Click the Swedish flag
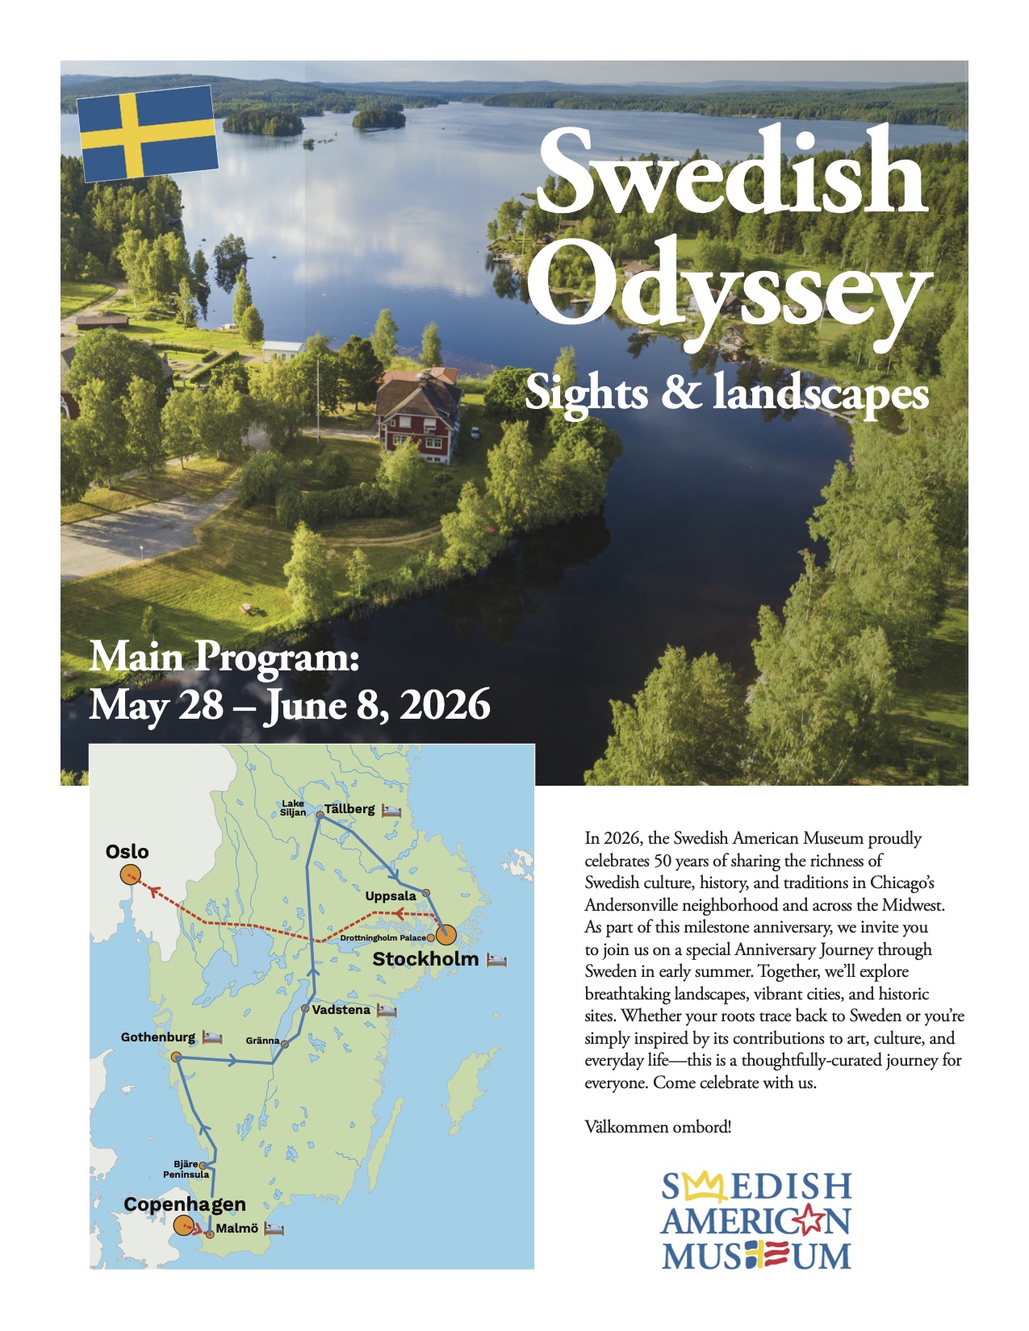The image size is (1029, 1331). tap(148, 133)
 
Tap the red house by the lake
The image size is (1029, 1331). tap(418, 415)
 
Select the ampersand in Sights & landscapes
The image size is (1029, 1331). tap(680, 392)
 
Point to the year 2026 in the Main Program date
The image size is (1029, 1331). tap(445, 704)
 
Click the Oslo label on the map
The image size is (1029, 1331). tap(128, 852)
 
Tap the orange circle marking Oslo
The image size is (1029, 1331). tap(129, 874)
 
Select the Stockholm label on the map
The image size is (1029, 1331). tap(425, 959)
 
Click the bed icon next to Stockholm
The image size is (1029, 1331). tap(496, 960)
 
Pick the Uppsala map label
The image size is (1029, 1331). tap(391, 896)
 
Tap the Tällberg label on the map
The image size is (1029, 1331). tap(349, 809)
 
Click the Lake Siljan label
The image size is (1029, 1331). tap(293, 808)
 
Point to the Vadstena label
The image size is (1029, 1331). tap(341, 1009)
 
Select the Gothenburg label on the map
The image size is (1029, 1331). tap(158, 1037)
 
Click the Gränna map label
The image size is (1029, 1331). tap(262, 1041)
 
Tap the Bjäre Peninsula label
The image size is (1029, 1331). tap(186, 1170)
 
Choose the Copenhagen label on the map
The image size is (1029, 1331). tap(185, 1204)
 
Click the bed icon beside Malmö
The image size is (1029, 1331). tap(275, 1229)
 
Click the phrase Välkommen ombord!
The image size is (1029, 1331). tap(658, 1127)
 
